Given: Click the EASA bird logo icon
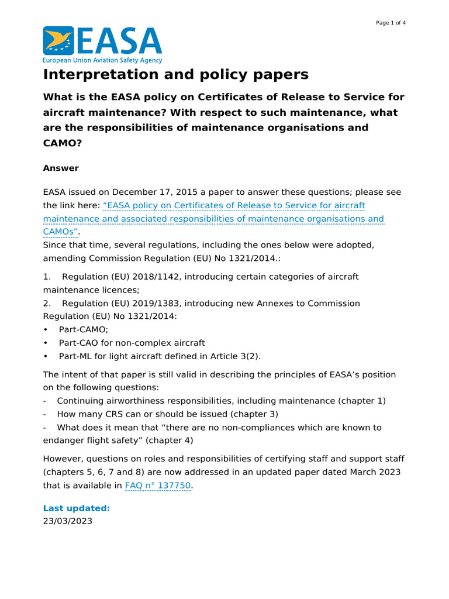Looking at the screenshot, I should click(58, 40).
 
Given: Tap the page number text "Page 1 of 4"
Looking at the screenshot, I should click(391, 23).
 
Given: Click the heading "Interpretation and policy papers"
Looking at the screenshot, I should click(175, 75).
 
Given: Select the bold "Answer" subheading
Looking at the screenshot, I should click(61, 168).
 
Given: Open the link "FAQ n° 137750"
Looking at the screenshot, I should click(158, 485).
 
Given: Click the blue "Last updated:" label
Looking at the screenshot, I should click(76, 508).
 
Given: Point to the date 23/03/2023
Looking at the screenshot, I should click(67, 521).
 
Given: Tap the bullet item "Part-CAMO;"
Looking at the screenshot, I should click(84, 329).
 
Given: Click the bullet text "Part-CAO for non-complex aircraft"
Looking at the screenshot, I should click(132, 343).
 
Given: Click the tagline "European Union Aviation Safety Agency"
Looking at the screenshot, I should click(102, 60).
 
